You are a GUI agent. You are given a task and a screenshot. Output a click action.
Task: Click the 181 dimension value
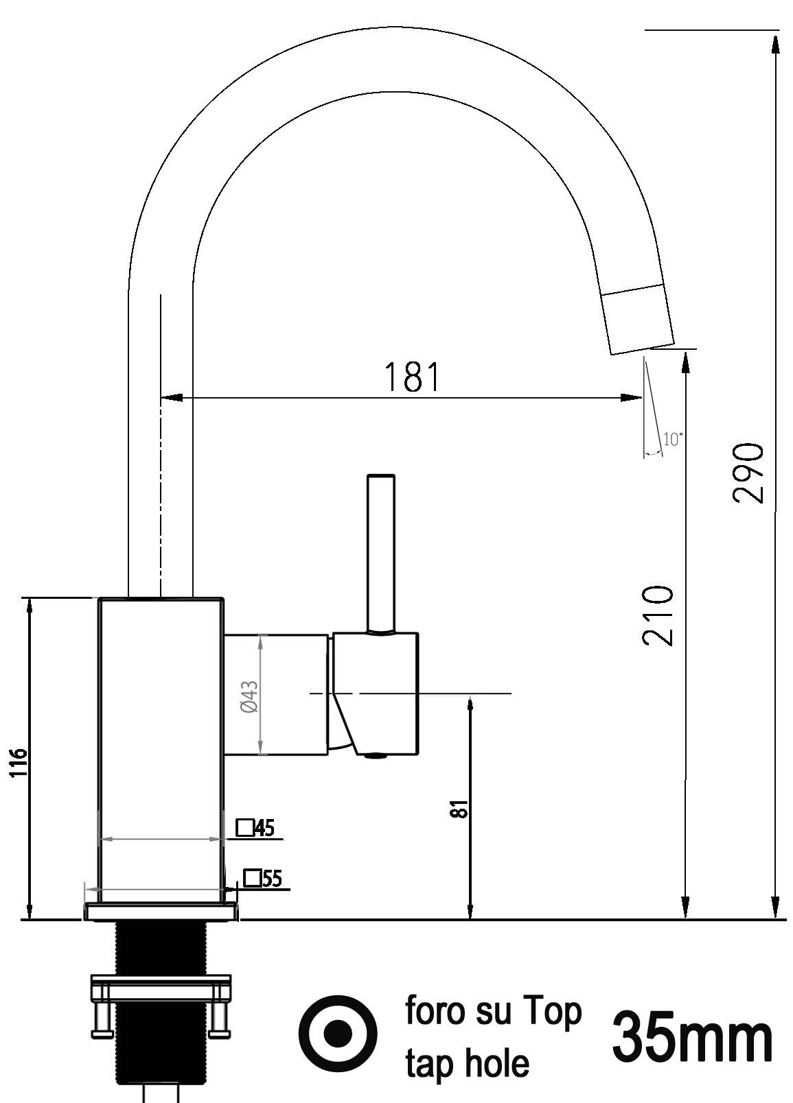click(411, 377)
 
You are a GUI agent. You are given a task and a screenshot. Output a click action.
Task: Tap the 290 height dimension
click(748, 473)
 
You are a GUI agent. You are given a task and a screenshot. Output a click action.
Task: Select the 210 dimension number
click(657, 615)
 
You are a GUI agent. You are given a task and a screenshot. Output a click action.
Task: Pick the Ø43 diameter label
click(249, 696)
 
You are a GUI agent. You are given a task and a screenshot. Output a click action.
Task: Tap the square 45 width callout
click(255, 828)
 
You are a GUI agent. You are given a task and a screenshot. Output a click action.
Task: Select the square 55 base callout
click(263, 878)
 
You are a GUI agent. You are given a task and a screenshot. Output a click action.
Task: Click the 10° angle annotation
click(672, 439)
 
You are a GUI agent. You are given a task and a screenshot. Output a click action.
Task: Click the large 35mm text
click(691, 1037)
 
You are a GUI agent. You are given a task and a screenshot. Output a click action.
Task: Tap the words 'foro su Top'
click(493, 1012)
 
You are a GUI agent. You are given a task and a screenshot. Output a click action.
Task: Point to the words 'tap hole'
click(467, 1063)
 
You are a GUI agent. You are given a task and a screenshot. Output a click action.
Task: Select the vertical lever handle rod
click(381, 552)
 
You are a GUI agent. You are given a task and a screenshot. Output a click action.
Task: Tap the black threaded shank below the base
click(161, 947)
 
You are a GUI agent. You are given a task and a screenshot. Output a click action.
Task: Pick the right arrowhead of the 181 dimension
click(632, 397)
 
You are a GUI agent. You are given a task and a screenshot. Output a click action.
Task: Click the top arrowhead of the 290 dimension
click(775, 43)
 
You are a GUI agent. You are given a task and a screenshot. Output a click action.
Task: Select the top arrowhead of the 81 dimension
click(470, 706)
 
